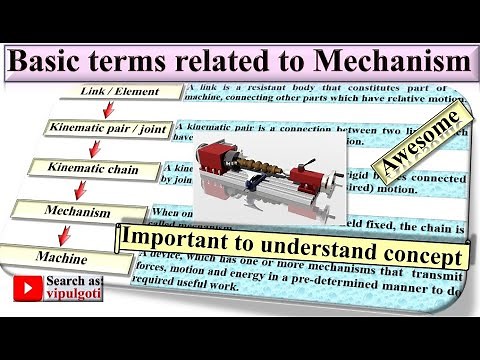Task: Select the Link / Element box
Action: pos(120,92)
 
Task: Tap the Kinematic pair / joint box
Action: pos(109,129)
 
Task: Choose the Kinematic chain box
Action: pos(94,170)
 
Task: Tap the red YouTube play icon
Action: pos(27,289)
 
